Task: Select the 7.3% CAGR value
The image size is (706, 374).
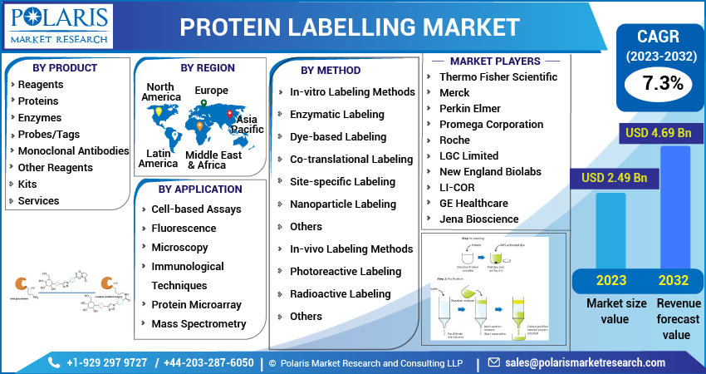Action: pyautogui.click(x=662, y=83)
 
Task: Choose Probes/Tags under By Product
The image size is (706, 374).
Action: pyautogui.click(x=51, y=135)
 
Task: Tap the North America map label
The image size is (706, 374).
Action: pyautogui.click(x=160, y=91)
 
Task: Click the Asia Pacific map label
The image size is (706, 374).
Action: pyautogui.click(x=248, y=124)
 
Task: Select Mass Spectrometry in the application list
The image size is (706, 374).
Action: pyautogui.click(x=199, y=323)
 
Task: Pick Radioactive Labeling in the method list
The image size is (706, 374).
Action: pyautogui.click(x=340, y=293)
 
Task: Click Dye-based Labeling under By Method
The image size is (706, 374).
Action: pyautogui.click(x=326, y=136)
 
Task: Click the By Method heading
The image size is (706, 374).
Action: pyautogui.click(x=331, y=70)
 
